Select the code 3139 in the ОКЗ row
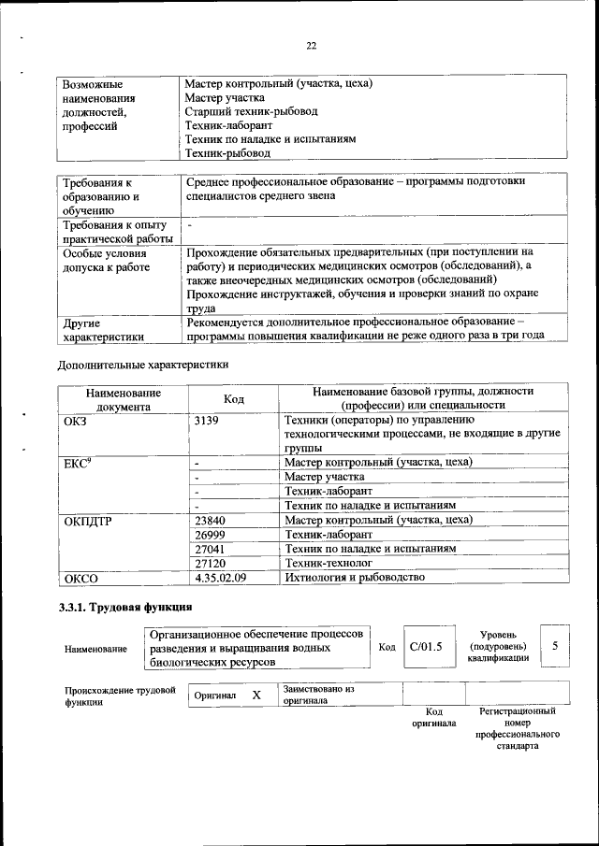208,421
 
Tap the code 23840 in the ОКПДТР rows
212,520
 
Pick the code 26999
212,535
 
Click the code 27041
212,549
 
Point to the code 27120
212,564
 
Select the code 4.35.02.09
220,578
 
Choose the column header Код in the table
233,399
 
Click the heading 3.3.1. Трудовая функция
126,609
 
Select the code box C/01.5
425,647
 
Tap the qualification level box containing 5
555,646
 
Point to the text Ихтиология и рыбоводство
355,578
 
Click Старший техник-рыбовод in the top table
251,111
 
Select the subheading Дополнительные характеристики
143,364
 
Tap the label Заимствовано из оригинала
318,694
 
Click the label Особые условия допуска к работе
105,259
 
